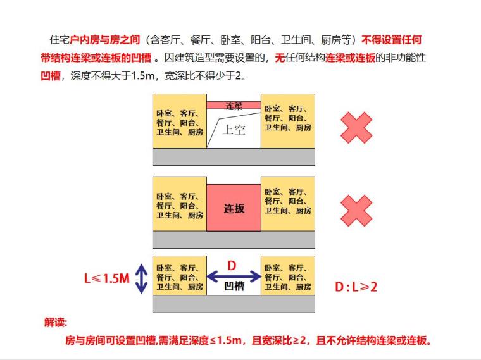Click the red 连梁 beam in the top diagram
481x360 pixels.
point(234,106)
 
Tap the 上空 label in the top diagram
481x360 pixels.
point(234,130)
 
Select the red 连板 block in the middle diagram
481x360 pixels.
point(234,208)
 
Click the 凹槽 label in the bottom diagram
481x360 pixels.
point(234,287)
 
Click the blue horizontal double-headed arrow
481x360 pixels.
point(234,276)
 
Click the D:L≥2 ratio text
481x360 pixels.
point(356,287)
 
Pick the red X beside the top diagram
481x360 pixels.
point(356,128)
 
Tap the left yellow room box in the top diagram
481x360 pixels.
point(180,121)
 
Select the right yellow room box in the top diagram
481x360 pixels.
point(288,121)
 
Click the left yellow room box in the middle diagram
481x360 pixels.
point(180,204)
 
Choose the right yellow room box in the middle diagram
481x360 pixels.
point(288,204)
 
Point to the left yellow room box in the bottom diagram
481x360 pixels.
point(180,276)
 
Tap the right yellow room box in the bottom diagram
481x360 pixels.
point(288,276)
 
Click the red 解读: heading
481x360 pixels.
point(56,322)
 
